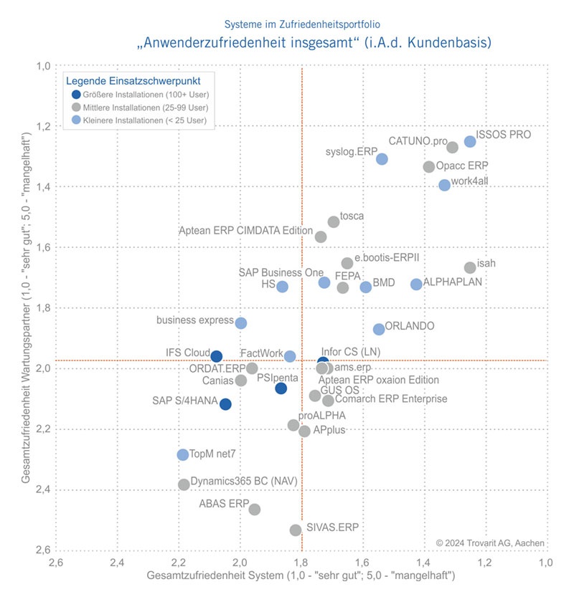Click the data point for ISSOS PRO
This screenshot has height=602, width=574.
(470, 142)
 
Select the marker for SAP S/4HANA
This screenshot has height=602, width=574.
(225, 404)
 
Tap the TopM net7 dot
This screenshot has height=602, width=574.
(183, 455)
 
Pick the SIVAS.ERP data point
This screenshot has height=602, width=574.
(296, 530)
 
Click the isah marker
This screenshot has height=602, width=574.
(470, 267)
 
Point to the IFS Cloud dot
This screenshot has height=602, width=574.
(216, 356)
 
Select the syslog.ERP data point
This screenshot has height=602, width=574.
(382, 159)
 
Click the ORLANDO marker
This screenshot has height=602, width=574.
(379, 329)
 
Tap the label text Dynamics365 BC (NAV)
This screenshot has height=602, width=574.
(244, 481)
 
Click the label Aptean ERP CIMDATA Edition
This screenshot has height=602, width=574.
(245, 231)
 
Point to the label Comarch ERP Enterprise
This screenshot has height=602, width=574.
(391, 398)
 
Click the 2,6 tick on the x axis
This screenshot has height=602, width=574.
(55, 563)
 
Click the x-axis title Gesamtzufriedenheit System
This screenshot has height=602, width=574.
(301, 576)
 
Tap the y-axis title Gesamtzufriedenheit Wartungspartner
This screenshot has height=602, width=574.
(27, 308)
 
